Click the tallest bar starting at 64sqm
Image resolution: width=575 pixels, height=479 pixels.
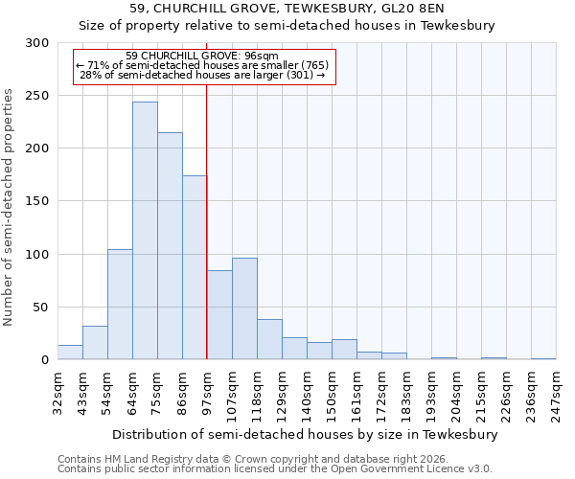(x=145, y=231)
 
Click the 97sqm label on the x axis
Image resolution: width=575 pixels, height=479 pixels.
(x=207, y=392)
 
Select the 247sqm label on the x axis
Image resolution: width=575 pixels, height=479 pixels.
(x=556, y=392)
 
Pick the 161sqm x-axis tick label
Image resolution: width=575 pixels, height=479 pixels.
(x=356, y=392)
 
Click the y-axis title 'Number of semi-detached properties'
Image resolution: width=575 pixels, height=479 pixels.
(x=9, y=207)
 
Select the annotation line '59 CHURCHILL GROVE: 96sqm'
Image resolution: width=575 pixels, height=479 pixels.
(x=202, y=57)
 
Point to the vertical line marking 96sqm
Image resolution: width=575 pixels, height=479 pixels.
(x=207, y=220)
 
